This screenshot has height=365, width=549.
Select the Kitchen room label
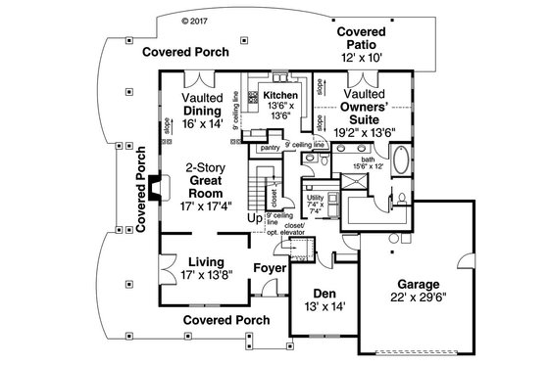[274, 95]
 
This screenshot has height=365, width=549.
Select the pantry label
[271, 147]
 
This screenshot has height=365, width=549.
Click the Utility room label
[315, 197]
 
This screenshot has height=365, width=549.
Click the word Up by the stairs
[254, 218]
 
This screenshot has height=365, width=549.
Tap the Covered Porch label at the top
[185, 51]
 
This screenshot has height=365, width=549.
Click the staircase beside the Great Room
[262, 186]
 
